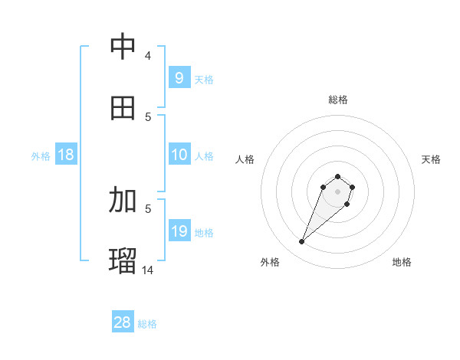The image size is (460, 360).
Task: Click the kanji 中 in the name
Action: (123, 47)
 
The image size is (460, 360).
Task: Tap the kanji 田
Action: (123, 107)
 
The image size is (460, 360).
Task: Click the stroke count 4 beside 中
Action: (148, 55)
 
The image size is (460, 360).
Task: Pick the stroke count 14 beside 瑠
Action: (149, 269)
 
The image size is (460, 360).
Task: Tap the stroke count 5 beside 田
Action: (148, 116)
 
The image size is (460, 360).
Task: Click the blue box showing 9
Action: (179, 77)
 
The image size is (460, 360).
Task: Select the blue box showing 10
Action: (179, 155)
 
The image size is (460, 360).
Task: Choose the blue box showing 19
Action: (179, 231)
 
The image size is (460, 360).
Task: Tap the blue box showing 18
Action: (66, 155)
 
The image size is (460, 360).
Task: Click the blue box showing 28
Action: (122, 322)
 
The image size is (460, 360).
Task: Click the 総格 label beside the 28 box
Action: (147, 324)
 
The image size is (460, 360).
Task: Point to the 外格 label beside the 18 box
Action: (41, 156)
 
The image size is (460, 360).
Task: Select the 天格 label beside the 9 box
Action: (203, 79)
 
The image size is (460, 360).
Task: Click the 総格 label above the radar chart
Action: (338, 100)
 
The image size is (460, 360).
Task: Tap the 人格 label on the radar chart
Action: (245, 159)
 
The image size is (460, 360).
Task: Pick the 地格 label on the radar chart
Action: (402, 262)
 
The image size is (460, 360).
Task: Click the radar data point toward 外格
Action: (302, 242)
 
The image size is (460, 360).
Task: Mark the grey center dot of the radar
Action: (338, 191)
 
